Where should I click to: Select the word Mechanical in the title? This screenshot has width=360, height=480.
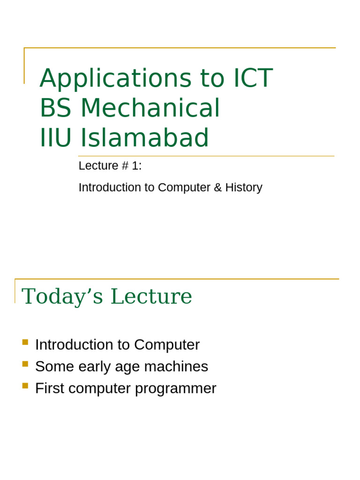click(x=150, y=108)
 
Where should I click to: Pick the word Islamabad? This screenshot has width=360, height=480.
click(x=145, y=138)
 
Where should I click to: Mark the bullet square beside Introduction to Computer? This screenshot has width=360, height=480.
click(x=25, y=342)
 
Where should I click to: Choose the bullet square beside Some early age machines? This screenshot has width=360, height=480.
click(x=25, y=364)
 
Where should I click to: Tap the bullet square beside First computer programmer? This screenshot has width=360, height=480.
click(x=25, y=385)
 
